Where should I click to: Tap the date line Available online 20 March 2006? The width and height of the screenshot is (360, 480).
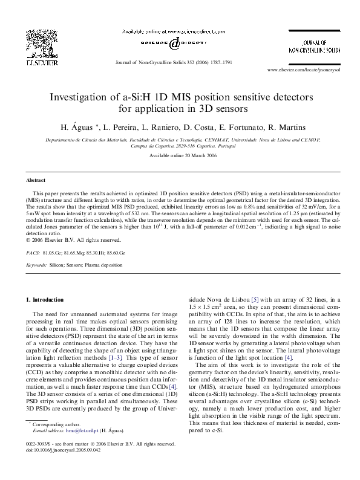point(180,156)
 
